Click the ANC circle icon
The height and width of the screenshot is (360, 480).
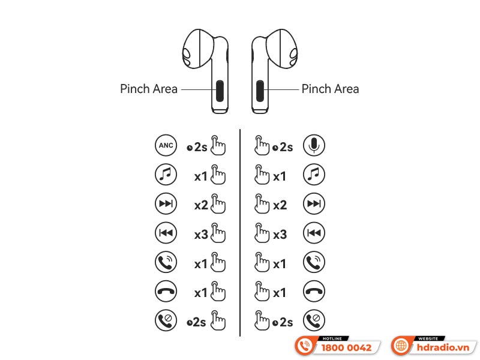click(x=166, y=145)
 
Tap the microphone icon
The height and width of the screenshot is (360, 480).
click(x=314, y=145)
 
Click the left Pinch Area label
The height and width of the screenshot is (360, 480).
click(x=149, y=89)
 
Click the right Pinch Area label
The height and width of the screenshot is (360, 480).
click(x=331, y=89)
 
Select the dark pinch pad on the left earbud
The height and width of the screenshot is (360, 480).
click(x=220, y=91)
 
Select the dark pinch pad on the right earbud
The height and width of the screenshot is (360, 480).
click(x=260, y=91)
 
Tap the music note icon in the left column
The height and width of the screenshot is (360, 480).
click(x=166, y=175)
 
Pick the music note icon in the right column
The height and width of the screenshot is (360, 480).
click(x=314, y=175)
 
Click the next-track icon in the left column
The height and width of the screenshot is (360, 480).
click(x=166, y=203)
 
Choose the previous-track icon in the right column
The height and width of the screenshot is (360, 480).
click(x=314, y=233)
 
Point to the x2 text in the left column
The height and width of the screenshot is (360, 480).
click(x=202, y=205)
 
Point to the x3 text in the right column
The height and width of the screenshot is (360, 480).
click(x=280, y=235)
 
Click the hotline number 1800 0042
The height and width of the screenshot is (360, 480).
click(x=346, y=348)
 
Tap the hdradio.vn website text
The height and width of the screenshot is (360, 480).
click(x=443, y=348)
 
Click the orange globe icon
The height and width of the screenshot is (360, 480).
click(x=401, y=346)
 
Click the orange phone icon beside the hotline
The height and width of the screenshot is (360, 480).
click(x=305, y=346)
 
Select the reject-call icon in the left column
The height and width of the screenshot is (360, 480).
click(x=166, y=320)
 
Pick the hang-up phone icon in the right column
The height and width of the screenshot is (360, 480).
click(x=314, y=291)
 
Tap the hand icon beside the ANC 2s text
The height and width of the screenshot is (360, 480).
click(x=218, y=145)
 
